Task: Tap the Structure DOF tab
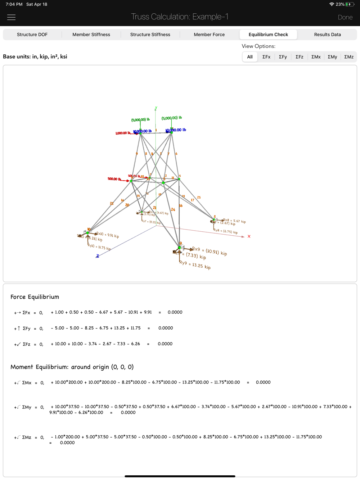[32, 35]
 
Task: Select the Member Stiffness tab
[91, 35]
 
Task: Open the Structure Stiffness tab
[150, 35]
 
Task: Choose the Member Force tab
[209, 35]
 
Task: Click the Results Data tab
[327, 35]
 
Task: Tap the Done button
[345, 17]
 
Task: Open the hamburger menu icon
[12, 17]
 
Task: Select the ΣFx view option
[266, 57]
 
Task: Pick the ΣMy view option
[332, 57]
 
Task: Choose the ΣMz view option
[349, 57]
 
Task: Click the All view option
[250, 57]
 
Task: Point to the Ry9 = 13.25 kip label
[195, 265]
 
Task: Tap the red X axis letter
[249, 236]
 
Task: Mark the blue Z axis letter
[97, 256]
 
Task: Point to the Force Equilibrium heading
[35, 297]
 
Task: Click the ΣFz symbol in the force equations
[26, 344]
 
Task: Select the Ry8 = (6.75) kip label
[225, 231]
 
